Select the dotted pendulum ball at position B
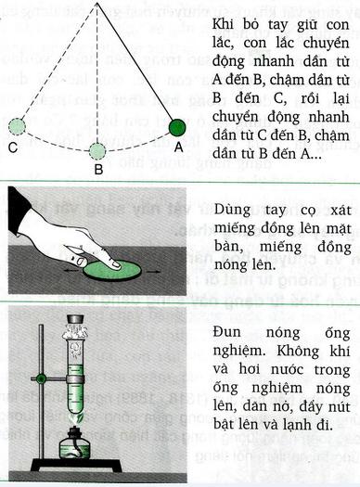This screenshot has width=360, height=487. point(98,150)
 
